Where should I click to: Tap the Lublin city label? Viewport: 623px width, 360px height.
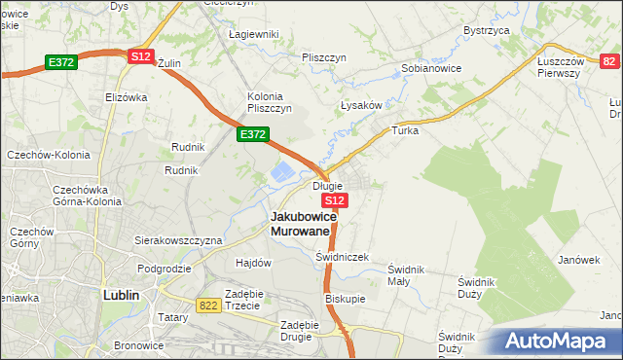click(123, 294)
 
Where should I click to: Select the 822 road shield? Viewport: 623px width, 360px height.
click(207, 305)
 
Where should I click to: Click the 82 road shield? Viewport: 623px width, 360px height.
click(609, 61)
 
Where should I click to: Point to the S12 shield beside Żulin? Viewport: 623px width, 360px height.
click(140, 57)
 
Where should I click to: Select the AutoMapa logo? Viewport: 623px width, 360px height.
click(556, 342)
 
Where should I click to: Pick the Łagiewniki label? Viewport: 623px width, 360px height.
click(253, 34)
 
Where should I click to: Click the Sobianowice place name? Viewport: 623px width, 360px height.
click(431, 69)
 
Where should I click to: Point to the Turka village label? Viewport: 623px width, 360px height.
click(404, 129)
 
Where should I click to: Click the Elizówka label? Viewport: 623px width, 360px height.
click(126, 97)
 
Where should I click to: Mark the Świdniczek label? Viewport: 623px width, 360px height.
click(343, 257)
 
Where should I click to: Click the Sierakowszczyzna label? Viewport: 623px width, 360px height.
click(178, 240)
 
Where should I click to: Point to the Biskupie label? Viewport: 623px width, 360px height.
click(345, 299)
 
